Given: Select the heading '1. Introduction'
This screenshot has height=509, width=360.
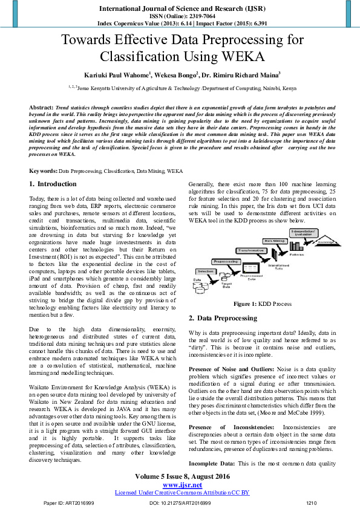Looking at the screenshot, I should (53, 184).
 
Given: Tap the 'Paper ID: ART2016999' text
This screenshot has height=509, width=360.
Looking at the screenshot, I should (61, 503).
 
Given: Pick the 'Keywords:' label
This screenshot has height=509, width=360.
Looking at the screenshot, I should (44, 172).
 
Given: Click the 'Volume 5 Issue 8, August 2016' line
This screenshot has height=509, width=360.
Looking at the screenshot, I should (179, 477).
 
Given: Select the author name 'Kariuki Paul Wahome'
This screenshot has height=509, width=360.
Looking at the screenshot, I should (112, 75).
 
